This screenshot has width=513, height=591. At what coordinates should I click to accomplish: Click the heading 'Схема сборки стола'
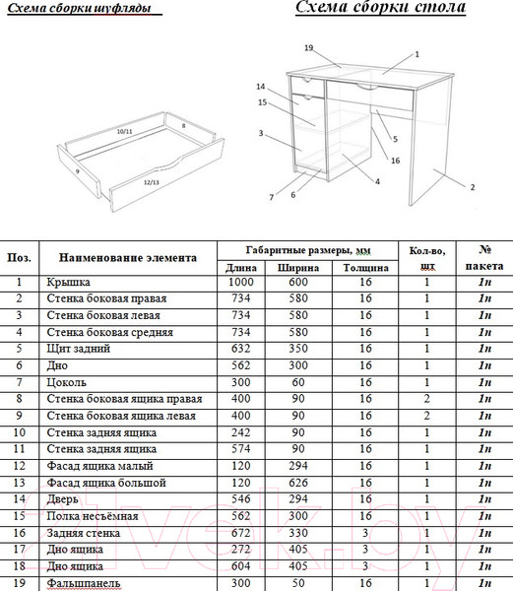pos(380,7)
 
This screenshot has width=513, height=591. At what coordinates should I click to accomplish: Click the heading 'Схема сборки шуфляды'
pos(79,8)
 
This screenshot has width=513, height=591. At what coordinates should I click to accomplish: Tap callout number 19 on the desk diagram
pos(308,48)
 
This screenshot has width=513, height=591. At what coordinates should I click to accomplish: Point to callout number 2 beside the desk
pos(473,187)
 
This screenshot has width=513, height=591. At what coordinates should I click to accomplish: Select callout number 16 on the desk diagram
pos(395,161)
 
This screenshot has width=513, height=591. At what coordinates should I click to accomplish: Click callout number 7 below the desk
pos(271,197)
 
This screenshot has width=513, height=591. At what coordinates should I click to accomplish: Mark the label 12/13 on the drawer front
pos(151,182)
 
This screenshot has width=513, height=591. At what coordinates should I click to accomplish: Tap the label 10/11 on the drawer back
pos(124,132)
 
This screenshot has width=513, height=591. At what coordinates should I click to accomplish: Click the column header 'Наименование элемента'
pos(128,258)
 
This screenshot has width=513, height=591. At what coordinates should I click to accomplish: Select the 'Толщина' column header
pos(365,268)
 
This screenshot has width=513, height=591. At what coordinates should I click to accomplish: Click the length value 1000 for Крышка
pos(241,282)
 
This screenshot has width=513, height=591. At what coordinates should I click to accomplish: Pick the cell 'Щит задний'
pos(79,349)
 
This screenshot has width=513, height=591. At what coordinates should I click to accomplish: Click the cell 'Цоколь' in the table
pos(66,382)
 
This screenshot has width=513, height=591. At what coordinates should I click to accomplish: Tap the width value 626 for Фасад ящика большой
pos(298,483)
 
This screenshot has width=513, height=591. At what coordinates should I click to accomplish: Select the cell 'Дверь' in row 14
pos(62,499)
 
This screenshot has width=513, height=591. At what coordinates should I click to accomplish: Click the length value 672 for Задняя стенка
pos(241,533)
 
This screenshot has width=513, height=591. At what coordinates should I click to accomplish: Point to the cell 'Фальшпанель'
pos(84,583)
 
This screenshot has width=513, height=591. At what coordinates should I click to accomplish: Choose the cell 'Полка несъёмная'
pos(93,516)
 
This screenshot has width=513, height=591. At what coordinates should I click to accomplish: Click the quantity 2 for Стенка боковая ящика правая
pos(426,399)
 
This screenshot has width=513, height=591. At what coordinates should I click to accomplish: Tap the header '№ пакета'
pos(484,258)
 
